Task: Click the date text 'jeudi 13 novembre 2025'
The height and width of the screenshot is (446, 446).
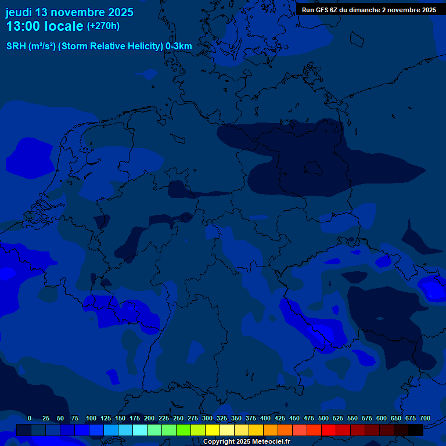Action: pyautogui.click(x=69, y=12)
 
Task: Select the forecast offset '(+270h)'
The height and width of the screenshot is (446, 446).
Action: pyautogui.click(x=103, y=26)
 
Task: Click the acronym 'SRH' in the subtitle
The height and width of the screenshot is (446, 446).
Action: pyautogui.click(x=16, y=46)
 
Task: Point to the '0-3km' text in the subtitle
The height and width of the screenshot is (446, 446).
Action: pyautogui.click(x=179, y=46)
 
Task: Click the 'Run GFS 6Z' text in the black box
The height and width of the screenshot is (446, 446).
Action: pyautogui.click(x=320, y=10)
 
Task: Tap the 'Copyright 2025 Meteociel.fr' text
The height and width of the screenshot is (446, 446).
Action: pyautogui.click(x=247, y=442)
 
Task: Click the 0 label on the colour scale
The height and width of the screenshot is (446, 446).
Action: pyautogui.click(x=30, y=418)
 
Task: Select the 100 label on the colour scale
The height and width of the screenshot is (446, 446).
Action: pyautogui.click(x=91, y=418)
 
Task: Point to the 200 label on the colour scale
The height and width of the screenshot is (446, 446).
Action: pyautogui.click(x=149, y=418)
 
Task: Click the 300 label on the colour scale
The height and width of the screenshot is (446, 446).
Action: pyautogui.click(x=207, y=418)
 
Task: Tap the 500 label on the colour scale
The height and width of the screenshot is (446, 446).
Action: pyautogui.click(x=323, y=418)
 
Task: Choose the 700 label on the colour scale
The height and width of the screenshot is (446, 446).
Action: pyautogui.click(x=425, y=418)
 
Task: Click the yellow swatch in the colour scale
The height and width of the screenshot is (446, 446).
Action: pyautogui.click(x=213, y=430)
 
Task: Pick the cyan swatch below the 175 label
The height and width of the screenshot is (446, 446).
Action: pyautogui.click(x=140, y=430)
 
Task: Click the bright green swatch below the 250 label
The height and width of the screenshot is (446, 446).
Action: pyautogui.click(x=184, y=430)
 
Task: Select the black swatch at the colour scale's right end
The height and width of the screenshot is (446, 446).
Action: pyautogui.click(x=416, y=430)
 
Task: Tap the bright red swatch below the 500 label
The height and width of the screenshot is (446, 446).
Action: pyautogui.click(x=329, y=430)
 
